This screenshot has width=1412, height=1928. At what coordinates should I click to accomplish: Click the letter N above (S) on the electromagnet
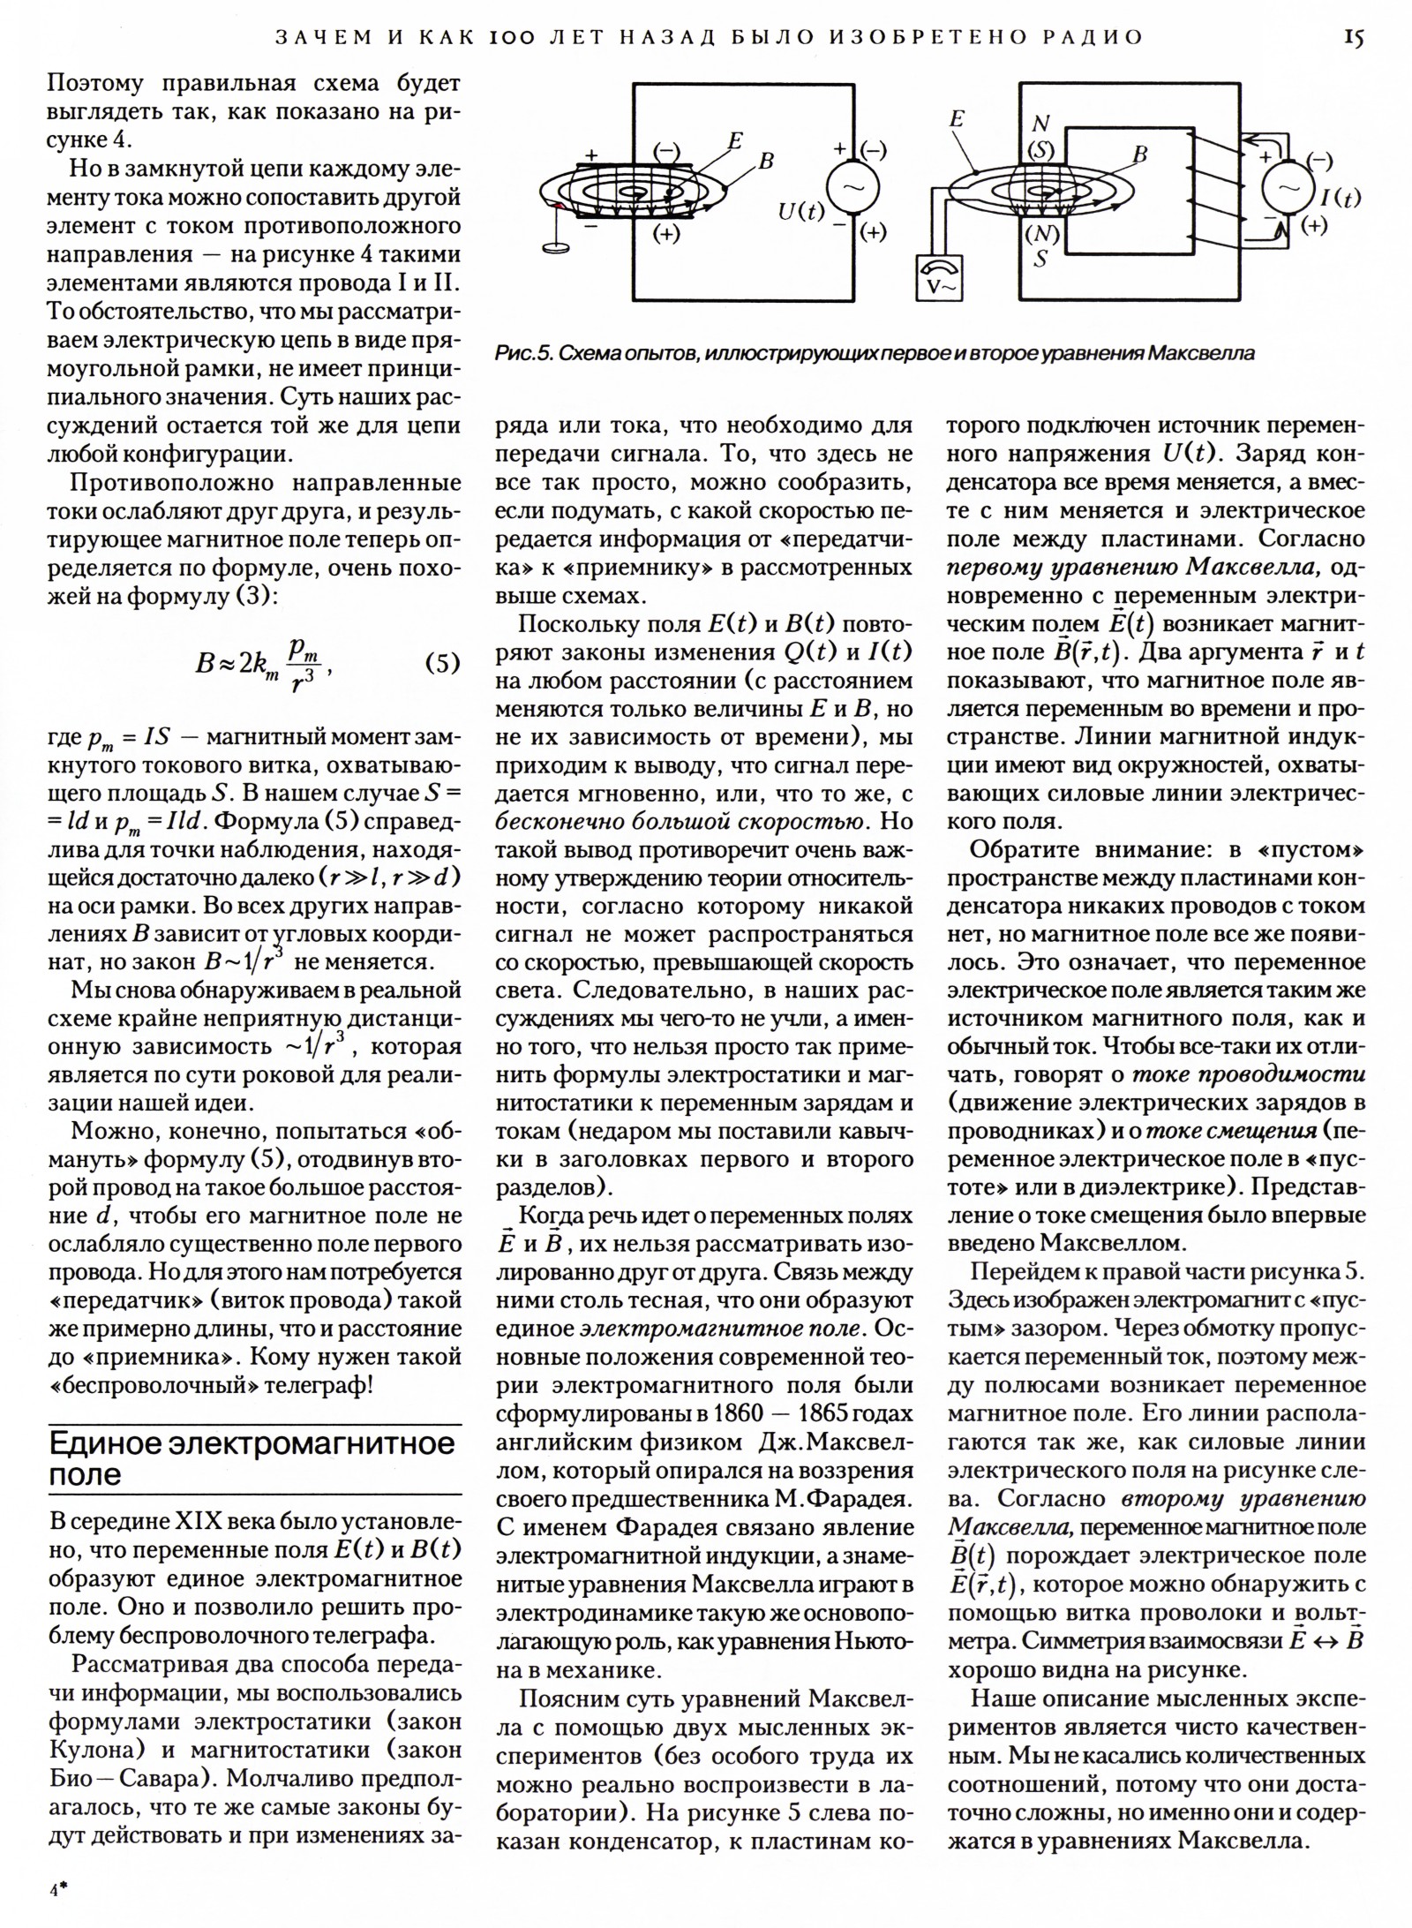1041,124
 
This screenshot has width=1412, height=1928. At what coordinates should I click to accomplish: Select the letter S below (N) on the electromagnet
1041,260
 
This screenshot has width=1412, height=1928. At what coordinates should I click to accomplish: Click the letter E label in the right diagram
957,121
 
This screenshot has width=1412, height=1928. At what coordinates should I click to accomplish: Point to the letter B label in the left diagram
766,162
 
